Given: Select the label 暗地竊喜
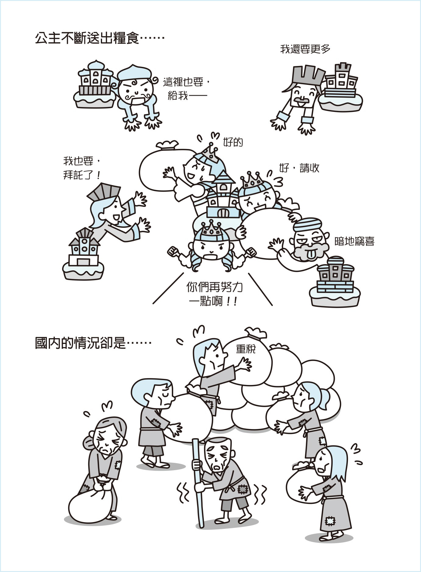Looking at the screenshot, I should point(354,241).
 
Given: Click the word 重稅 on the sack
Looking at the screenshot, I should point(246,349).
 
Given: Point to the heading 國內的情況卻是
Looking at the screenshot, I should point(93,343).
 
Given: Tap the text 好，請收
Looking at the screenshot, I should point(299,168).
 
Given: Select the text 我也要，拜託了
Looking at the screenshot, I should point(82,168).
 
